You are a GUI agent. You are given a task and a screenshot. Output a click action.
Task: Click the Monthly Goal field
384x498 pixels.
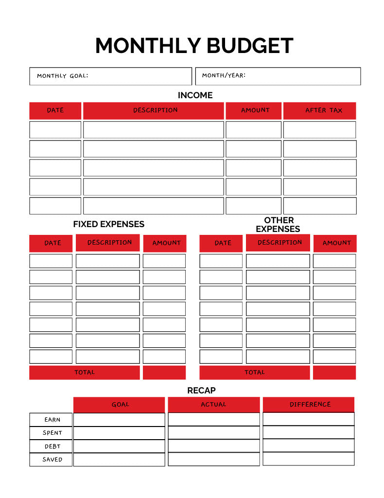click(110, 76)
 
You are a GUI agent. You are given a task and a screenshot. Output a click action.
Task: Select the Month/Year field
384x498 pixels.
click(278, 76)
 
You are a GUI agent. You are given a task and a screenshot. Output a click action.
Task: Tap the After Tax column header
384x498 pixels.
click(319, 110)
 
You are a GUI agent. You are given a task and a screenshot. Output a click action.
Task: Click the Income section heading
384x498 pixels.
click(195, 95)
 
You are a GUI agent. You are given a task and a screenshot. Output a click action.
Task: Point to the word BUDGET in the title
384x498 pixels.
click(250, 46)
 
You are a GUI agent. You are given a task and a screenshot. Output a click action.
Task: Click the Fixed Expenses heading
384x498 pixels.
click(108, 224)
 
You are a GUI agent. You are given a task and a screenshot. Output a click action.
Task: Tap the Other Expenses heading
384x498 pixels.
click(278, 225)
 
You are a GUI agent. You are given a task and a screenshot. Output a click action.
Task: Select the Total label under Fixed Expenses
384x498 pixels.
click(85, 373)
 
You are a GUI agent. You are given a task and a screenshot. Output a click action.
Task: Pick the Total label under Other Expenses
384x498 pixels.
click(254, 373)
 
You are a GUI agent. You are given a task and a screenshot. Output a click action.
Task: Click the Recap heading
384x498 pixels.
click(201, 391)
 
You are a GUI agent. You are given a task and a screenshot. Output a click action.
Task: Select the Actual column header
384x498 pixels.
click(213, 405)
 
